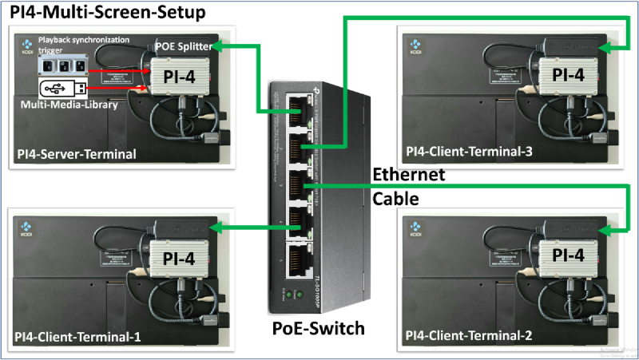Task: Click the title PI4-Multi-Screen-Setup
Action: [107, 13]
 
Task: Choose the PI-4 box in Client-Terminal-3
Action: [568, 74]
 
